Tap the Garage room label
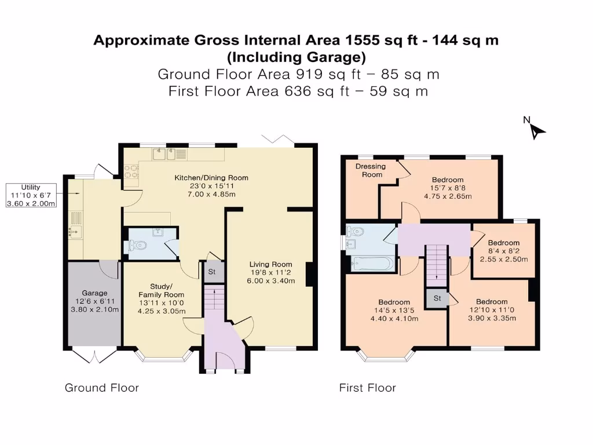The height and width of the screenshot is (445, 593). click(x=94, y=293)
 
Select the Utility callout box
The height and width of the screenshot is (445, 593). click(x=31, y=195)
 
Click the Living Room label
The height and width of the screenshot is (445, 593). click(x=271, y=264)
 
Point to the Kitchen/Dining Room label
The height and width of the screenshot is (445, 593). click(x=211, y=178)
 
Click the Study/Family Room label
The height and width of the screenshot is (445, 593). click(x=162, y=291)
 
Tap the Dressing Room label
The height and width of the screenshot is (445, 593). click(x=371, y=170)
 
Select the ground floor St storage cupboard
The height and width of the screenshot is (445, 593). click(x=212, y=272)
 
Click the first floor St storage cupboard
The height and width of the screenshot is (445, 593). click(x=437, y=298)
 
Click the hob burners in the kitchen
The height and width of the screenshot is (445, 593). click(x=131, y=171)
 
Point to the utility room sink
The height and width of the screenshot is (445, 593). click(x=75, y=231)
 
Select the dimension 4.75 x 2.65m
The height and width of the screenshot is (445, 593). click(x=448, y=196)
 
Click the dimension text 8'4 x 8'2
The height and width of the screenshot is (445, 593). click(x=504, y=251)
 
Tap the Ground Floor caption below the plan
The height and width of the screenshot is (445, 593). click(x=102, y=388)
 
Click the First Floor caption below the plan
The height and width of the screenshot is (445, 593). click(x=367, y=388)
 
